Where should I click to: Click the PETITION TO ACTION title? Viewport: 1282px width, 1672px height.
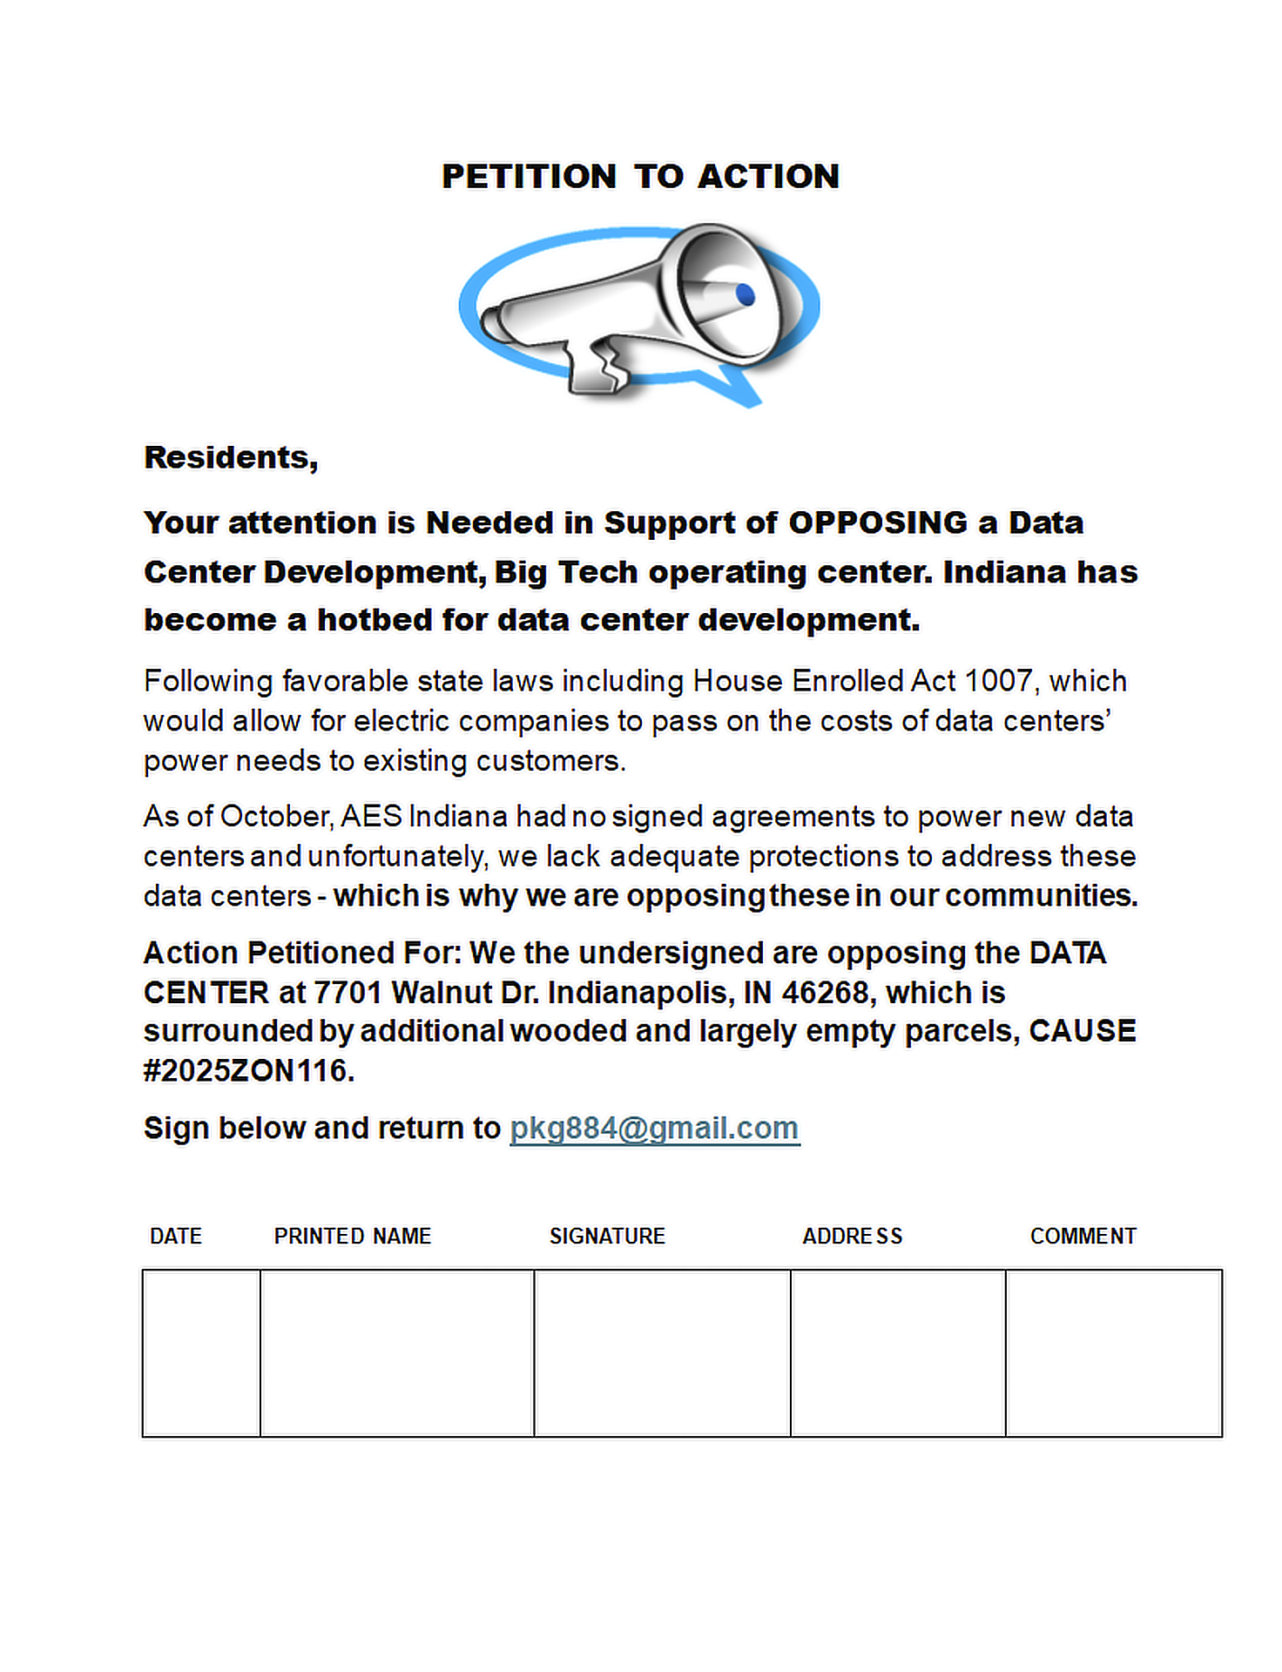click(640, 176)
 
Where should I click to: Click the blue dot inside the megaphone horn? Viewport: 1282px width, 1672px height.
click(745, 294)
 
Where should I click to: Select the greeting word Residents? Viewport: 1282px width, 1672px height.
click(231, 458)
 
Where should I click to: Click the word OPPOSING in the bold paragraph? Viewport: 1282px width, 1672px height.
click(878, 522)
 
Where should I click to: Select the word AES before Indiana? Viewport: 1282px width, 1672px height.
click(371, 817)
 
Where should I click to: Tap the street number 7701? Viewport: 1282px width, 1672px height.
click(347, 993)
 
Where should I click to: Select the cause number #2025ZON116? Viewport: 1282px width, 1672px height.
click(249, 1070)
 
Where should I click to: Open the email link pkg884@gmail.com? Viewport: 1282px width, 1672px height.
click(654, 1129)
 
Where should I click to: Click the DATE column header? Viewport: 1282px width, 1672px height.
click(176, 1237)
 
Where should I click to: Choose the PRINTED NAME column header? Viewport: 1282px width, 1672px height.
click(353, 1237)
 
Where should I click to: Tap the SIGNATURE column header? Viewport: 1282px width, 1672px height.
click(607, 1237)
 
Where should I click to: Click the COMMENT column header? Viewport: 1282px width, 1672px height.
click(1083, 1237)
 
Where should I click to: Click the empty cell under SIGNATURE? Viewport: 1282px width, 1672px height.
click(662, 1352)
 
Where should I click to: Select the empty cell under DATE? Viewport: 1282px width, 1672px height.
click(201, 1352)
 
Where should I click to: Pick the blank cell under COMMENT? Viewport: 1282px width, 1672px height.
click(1113, 1352)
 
